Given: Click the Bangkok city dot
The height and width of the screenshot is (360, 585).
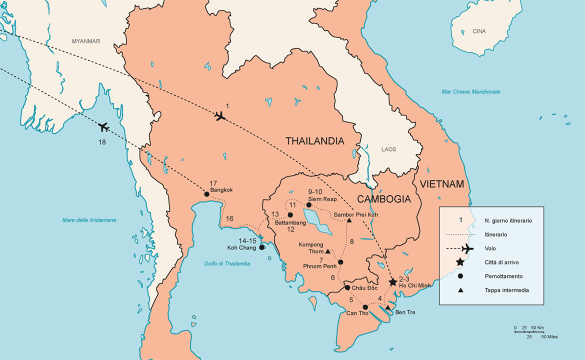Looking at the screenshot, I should point(206,194).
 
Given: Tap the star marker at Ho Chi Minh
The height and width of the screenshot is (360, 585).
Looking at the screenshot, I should point(393,282).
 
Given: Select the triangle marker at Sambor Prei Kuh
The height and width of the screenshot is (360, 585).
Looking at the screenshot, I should point(349,220).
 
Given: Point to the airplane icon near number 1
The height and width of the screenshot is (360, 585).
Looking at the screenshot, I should point(219,116).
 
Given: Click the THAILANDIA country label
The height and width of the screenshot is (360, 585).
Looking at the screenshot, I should point(314,141).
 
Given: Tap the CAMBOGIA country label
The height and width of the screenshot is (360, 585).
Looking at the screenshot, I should point(384,199).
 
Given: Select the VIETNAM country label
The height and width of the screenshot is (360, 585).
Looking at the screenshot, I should point(441,184).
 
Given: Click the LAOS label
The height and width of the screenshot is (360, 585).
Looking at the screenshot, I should point(388,149).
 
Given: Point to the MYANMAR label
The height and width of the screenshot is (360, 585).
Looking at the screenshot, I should point(86,41).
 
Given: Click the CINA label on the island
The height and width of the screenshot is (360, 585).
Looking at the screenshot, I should point(478,31).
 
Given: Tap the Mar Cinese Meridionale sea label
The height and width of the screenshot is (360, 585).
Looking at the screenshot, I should point(470,92).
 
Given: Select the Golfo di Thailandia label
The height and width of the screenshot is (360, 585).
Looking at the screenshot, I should point(227,264).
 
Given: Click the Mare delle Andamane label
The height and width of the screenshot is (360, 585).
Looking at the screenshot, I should point(89,220).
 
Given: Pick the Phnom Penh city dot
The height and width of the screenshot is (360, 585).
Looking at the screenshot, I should point(340,262).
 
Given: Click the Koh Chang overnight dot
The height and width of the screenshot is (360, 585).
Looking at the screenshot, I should point(261,247).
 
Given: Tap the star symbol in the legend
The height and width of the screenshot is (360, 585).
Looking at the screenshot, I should point(460,262).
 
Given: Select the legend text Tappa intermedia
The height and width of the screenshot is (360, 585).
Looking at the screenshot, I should point(506,290).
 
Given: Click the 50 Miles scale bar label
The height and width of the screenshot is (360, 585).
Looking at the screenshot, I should point(549,337).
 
